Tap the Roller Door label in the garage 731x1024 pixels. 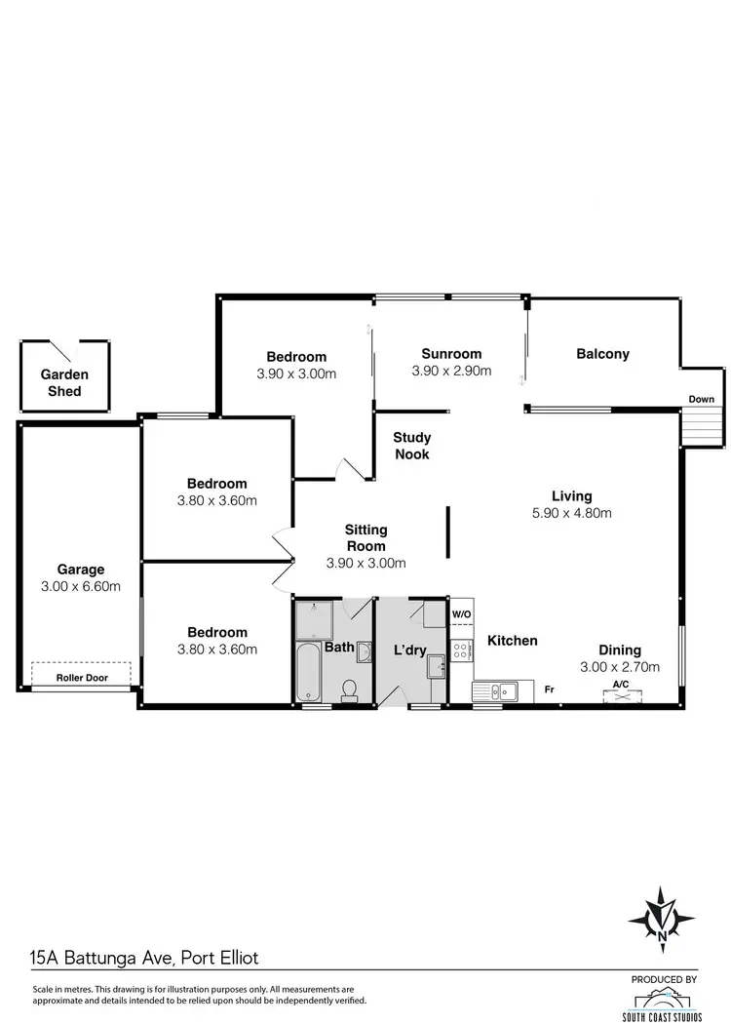pyautogui.click(x=82, y=677)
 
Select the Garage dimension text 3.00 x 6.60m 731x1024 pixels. pyautogui.click(x=80, y=586)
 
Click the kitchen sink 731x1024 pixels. pyautogui.click(x=503, y=691)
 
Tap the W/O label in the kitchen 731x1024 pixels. pyautogui.click(x=461, y=614)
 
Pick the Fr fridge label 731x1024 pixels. pyautogui.click(x=549, y=690)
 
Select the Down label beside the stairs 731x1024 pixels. pyautogui.click(x=701, y=399)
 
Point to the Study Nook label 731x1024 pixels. pyautogui.click(x=411, y=446)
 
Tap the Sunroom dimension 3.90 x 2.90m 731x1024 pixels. pyautogui.click(x=451, y=371)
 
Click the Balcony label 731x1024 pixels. pyautogui.click(x=602, y=354)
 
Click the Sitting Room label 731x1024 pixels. pyautogui.click(x=365, y=536)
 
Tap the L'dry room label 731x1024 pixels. pyautogui.click(x=409, y=650)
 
